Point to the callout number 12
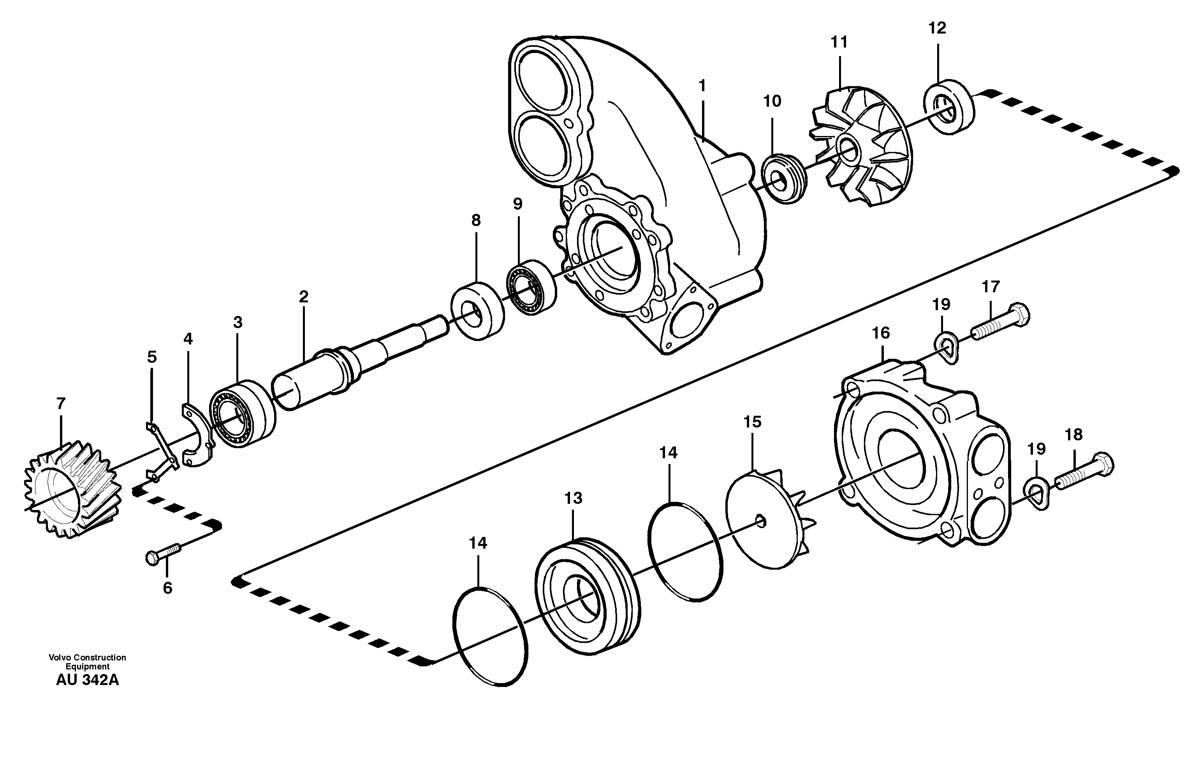click(937, 28)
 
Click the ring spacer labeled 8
click(477, 311)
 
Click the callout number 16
click(881, 333)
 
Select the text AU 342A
click(88, 680)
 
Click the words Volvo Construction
click(88, 658)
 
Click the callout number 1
click(702, 86)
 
